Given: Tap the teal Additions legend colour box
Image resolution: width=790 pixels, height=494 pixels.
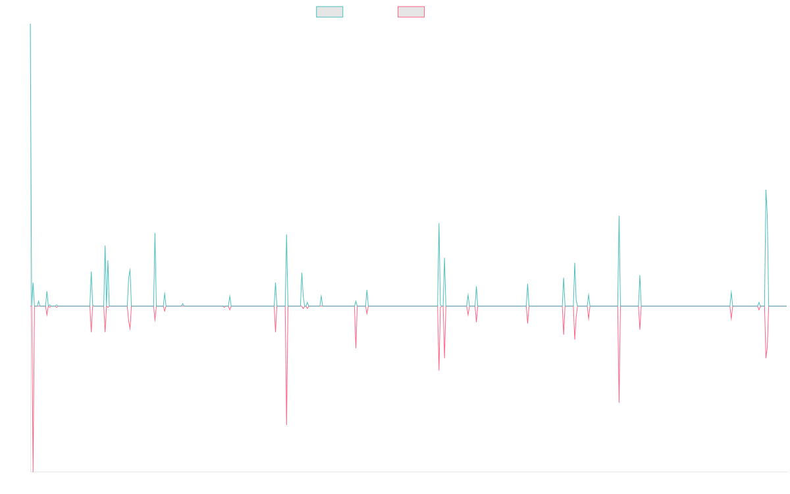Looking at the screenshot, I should (x=330, y=12).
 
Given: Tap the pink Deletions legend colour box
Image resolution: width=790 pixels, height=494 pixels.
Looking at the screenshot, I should (x=411, y=12).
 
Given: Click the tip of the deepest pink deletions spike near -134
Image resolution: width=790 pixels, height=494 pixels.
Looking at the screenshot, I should (x=32, y=470).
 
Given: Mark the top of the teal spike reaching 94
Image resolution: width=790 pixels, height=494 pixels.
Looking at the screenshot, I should (x=766, y=190).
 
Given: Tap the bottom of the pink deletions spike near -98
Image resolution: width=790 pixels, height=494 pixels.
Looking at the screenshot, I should (x=286, y=425).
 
